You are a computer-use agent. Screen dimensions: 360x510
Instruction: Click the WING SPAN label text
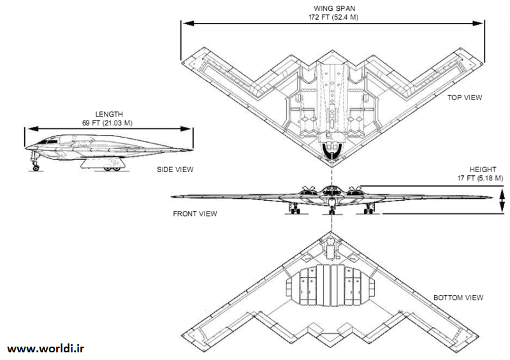[x=331, y=8]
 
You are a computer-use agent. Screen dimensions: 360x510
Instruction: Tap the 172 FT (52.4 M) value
[x=331, y=17]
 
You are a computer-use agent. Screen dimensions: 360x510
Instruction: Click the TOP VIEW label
[x=464, y=97]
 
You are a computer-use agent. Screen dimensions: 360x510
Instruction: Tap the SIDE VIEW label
[x=175, y=169]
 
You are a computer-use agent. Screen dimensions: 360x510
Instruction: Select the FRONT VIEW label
[x=194, y=213]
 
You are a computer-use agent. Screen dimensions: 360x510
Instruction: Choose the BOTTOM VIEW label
[x=458, y=298]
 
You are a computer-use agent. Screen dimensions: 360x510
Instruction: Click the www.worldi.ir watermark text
[x=46, y=349]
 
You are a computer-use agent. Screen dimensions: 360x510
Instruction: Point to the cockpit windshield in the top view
[x=331, y=150]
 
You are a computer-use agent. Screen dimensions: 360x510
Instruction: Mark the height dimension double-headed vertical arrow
[x=502, y=201]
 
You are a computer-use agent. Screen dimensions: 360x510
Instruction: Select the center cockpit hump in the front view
[x=331, y=189]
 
